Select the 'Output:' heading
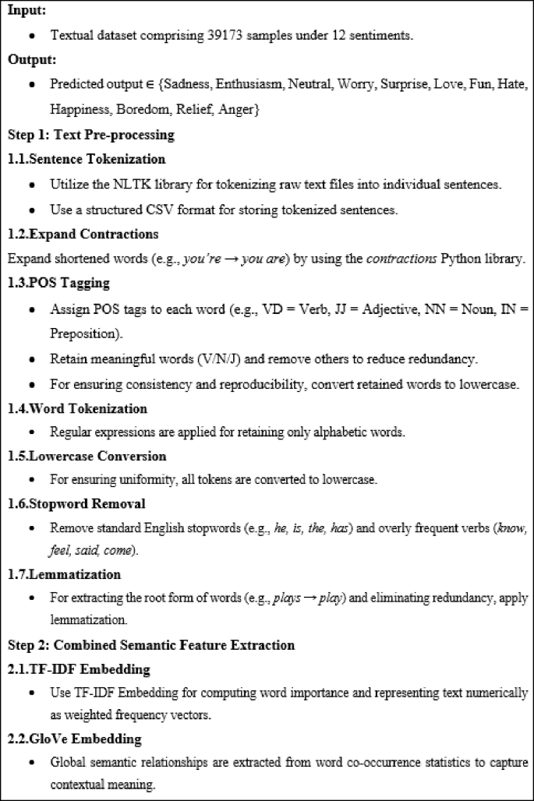coord(30,59)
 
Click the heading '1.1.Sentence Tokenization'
coord(87,159)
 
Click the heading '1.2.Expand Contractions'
coord(83,234)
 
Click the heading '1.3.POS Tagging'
coord(58,283)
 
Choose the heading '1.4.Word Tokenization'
coord(77,408)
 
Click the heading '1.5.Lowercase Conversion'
coord(87,456)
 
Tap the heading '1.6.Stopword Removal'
coord(76,504)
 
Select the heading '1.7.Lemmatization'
coord(64,573)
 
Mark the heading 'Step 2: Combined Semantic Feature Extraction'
coord(151,644)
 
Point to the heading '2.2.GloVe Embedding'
coord(76,738)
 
